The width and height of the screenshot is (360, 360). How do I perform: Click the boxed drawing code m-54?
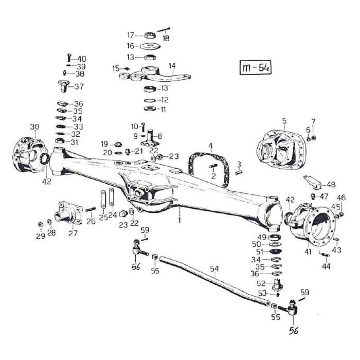(x=256, y=68)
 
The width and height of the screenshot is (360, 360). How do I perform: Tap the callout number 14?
(x=172, y=65)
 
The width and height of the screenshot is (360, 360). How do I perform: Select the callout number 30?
(x=34, y=127)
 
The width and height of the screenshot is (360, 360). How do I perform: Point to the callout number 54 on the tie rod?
(x=214, y=268)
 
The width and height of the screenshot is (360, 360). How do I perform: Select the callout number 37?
(x=79, y=86)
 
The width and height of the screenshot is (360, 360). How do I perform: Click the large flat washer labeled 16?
(x=151, y=46)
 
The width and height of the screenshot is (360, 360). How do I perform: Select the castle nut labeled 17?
(x=151, y=35)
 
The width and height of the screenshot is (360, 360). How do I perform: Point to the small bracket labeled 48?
(x=312, y=183)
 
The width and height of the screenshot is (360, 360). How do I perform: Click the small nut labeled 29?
(x=40, y=224)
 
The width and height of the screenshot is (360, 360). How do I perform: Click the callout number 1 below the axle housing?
(x=180, y=220)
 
